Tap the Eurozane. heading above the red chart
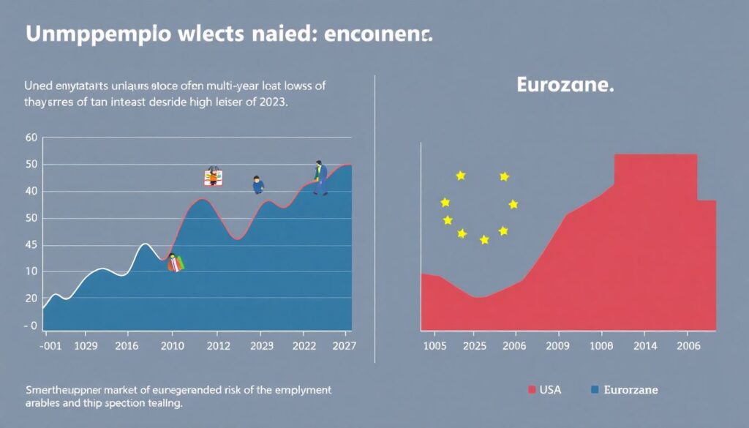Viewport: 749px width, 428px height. [x=565, y=84]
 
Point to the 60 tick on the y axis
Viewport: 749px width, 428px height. [x=31, y=138]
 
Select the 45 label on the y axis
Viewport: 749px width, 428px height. [x=31, y=245]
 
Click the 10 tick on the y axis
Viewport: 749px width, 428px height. [x=31, y=271]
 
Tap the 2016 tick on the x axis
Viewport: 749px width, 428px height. [x=127, y=346]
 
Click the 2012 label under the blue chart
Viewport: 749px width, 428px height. [x=217, y=346]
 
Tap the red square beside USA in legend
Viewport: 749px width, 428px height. [x=532, y=390]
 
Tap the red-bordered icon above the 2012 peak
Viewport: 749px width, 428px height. [x=213, y=176]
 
